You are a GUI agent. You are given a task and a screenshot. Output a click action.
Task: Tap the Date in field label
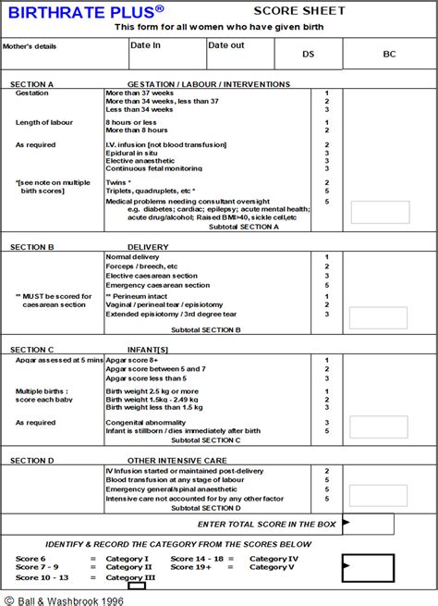[x=146, y=44]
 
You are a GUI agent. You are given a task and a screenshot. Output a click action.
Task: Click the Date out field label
[x=226, y=44]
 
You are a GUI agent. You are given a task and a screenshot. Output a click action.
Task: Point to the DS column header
[x=308, y=55]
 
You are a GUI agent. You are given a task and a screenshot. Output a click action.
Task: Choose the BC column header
[x=389, y=55]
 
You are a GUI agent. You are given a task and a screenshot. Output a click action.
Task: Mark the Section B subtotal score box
[x=379, y=318]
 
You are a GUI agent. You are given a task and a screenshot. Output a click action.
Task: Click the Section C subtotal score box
[x=379, y=427]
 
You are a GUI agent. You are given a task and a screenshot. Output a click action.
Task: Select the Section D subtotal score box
[x=379, y=495]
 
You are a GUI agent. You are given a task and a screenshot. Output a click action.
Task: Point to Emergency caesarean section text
[x=158, y=285]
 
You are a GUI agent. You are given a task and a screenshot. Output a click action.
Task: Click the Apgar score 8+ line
[x=140, y=360]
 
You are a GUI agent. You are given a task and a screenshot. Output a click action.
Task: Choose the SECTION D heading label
[x=32, y=460]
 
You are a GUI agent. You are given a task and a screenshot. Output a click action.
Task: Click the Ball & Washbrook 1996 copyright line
[x=62, y=599]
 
